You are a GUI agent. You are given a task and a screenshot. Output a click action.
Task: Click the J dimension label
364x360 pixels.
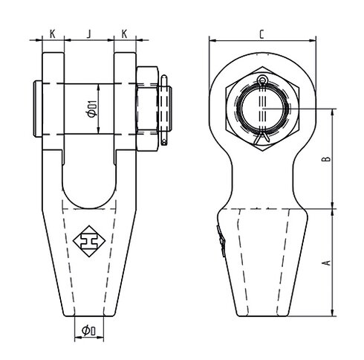89,33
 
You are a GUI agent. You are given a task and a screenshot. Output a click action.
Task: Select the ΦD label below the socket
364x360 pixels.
89,330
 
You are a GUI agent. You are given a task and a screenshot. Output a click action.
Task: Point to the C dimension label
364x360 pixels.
262,33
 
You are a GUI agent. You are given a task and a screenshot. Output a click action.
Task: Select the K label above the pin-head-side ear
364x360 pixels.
53,33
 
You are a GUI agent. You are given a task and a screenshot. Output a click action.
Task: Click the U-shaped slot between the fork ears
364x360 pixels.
89,175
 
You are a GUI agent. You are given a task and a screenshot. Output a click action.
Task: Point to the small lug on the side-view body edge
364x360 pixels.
221,245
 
